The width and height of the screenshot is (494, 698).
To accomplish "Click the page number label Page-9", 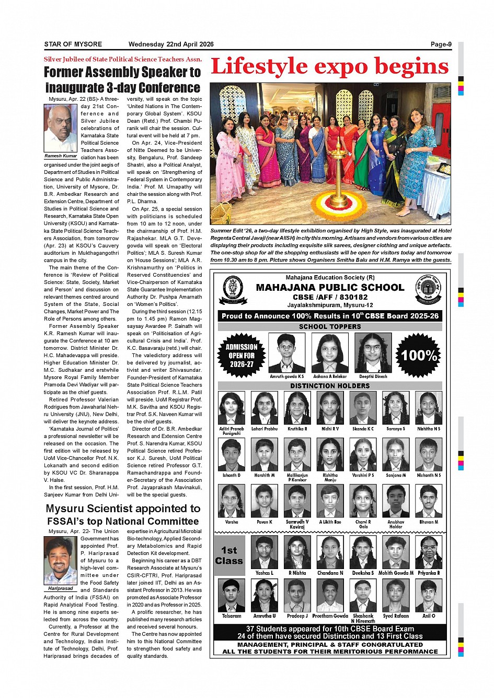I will point(441,44).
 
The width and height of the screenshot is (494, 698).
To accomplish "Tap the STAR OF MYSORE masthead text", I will point(73,44).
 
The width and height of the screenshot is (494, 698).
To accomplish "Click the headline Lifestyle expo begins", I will point(330,67).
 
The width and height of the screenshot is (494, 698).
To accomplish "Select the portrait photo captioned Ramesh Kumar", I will point(60,128).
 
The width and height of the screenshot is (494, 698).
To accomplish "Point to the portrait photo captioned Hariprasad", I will point(61,560).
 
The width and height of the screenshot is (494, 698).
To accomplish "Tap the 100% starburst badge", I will point(418,356).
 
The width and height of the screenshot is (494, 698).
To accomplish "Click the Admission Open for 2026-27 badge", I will point(242,356).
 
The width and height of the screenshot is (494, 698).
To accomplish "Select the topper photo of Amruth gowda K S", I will point(286,353).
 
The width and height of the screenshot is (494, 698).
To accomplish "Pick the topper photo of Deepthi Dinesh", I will point(373,353).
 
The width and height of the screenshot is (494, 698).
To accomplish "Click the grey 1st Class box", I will point(229,555).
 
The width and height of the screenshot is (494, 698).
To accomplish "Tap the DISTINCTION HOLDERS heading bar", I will point(330,386).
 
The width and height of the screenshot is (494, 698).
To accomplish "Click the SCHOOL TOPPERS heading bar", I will point(330,326).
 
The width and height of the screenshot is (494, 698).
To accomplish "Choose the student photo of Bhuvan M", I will point(429,501).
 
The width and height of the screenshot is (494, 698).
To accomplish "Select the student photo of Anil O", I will point(429,595).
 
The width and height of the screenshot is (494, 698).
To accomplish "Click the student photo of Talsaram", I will point(231,595).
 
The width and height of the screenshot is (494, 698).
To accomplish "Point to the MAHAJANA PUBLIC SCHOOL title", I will point(330,287).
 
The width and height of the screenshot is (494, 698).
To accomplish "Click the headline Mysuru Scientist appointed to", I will point(123,508).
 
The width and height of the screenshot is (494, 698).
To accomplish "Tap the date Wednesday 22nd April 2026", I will point(171,44).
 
